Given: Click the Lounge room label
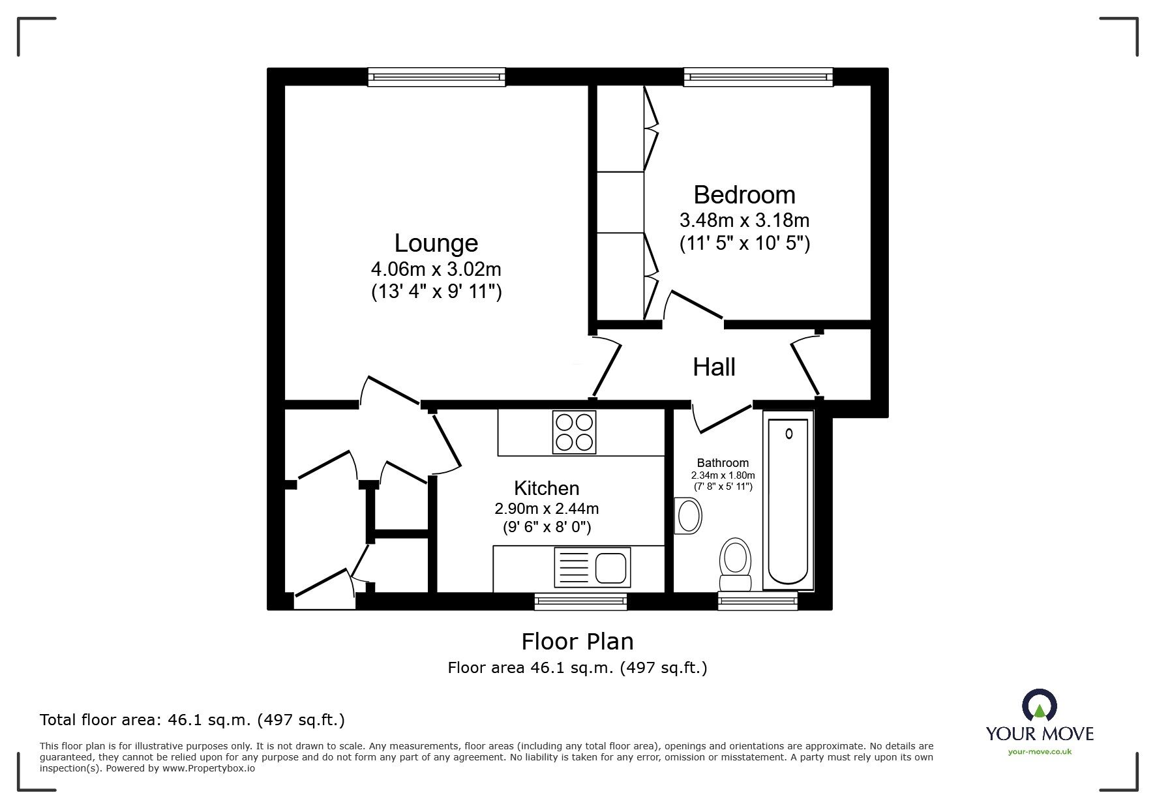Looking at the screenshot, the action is tap(436, 243).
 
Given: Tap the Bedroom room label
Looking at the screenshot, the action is tap(744, 195).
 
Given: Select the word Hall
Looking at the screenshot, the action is tap(714, 367).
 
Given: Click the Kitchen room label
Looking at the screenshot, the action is tap(547, 488).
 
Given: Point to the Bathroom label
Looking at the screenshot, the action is tap(723, 463).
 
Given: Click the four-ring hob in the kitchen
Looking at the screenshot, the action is tap(574, 432).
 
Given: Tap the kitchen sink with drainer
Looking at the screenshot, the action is tap(592, 567).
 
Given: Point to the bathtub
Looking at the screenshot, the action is tap(788, 501).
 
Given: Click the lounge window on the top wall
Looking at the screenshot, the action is tap(436, 77).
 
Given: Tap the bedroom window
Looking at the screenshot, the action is tap(758, 77).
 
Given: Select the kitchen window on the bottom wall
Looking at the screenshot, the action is tap(580, 601).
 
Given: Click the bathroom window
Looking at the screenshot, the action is tap(758, 601).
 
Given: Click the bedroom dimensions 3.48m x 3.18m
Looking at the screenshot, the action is tap(745, 220).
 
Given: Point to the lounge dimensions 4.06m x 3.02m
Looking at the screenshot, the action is tap(436, 269).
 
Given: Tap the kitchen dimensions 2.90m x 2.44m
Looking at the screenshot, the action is tap(547, 508).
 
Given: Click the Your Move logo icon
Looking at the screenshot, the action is tap(1040, 706).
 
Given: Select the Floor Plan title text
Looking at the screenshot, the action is tap(578, 642).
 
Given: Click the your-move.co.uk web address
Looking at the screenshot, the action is tap(1040, 752).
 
